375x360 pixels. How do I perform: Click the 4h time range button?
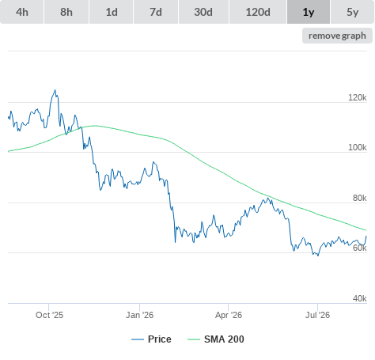click(22, 12)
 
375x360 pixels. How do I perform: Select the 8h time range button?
click(66, 12)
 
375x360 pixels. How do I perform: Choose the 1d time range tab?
click(112, 12)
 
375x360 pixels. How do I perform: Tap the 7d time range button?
click(156, 12)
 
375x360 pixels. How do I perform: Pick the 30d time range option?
click(203, 12)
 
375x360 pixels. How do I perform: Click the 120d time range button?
click(258, 12)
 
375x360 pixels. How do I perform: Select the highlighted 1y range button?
click(309, 12)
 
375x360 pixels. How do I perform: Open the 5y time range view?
click(352, 12)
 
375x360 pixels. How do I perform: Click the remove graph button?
click(337, 36)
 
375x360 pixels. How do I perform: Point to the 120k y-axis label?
click(358, 97)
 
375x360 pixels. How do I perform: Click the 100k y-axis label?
click(358, 147)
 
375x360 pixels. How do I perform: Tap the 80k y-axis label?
click(360, 198)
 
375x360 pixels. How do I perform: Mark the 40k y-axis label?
click(360, 298)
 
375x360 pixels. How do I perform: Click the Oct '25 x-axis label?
click(50, 315)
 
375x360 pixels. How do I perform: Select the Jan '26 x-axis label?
click(139, 315)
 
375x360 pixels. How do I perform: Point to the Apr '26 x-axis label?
click(229, 315)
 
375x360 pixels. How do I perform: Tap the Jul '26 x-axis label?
click(317, 315)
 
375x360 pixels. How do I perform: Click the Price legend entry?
click(151, 339)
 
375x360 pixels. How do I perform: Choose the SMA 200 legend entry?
click(216, 339)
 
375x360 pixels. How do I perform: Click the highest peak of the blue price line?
click(55, 90)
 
